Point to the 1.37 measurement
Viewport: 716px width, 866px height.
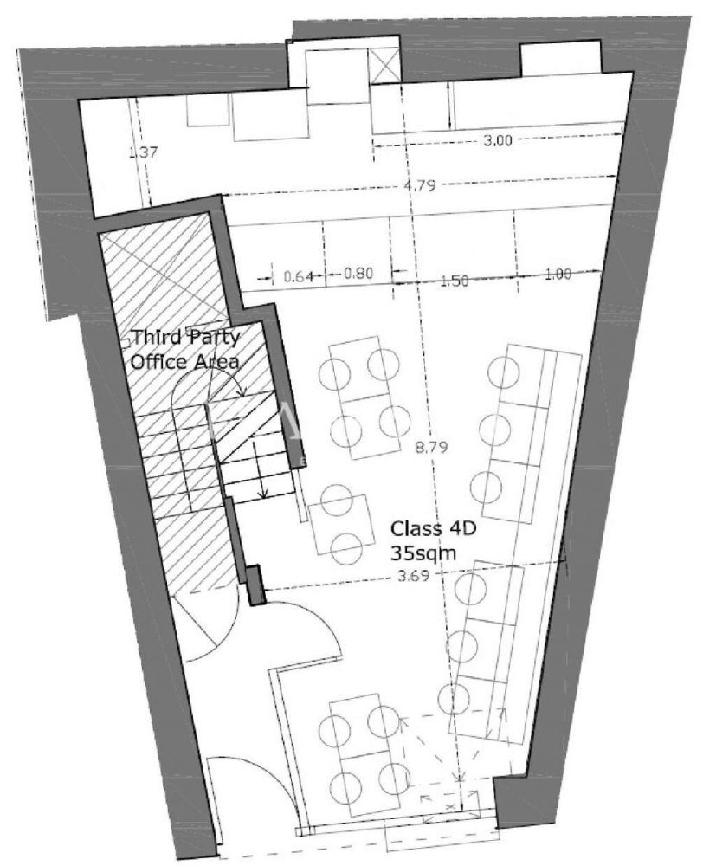pyautogui.click(x=142, y=153)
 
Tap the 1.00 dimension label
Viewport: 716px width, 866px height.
pyautogui.click(x=559, y=275)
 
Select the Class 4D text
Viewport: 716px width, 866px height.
pyautogui.click(x=423, y=527)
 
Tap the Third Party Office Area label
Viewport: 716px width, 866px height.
pyautogui.click(x=184, y=350)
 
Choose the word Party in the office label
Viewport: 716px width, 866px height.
pyautogui.click(x=212, y=339)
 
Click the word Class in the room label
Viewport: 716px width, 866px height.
pyautogui.click(x=410, y=527)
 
